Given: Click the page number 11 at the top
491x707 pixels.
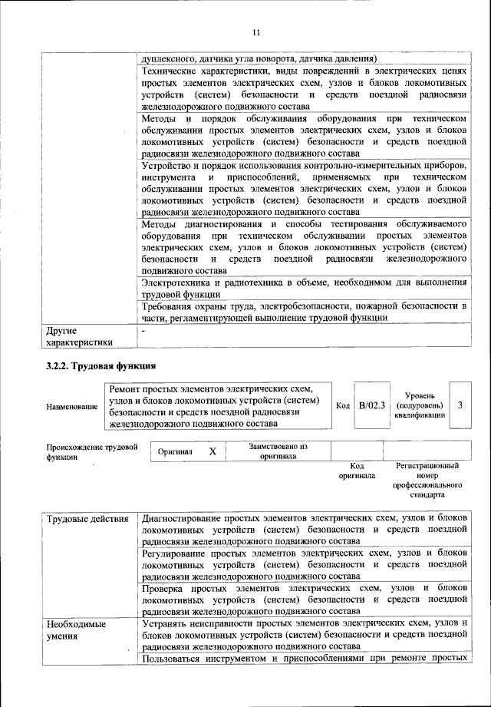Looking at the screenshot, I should tap(256, 31).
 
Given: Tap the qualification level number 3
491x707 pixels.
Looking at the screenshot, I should tap(460, 405).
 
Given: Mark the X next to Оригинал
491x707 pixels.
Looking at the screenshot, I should tap(213, 453).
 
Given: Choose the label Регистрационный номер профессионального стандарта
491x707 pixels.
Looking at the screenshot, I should tap(427, 481).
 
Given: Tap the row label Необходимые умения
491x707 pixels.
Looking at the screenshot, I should tap(77, 630).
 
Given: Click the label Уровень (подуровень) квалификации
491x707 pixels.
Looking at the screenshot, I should tap(419, 405).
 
